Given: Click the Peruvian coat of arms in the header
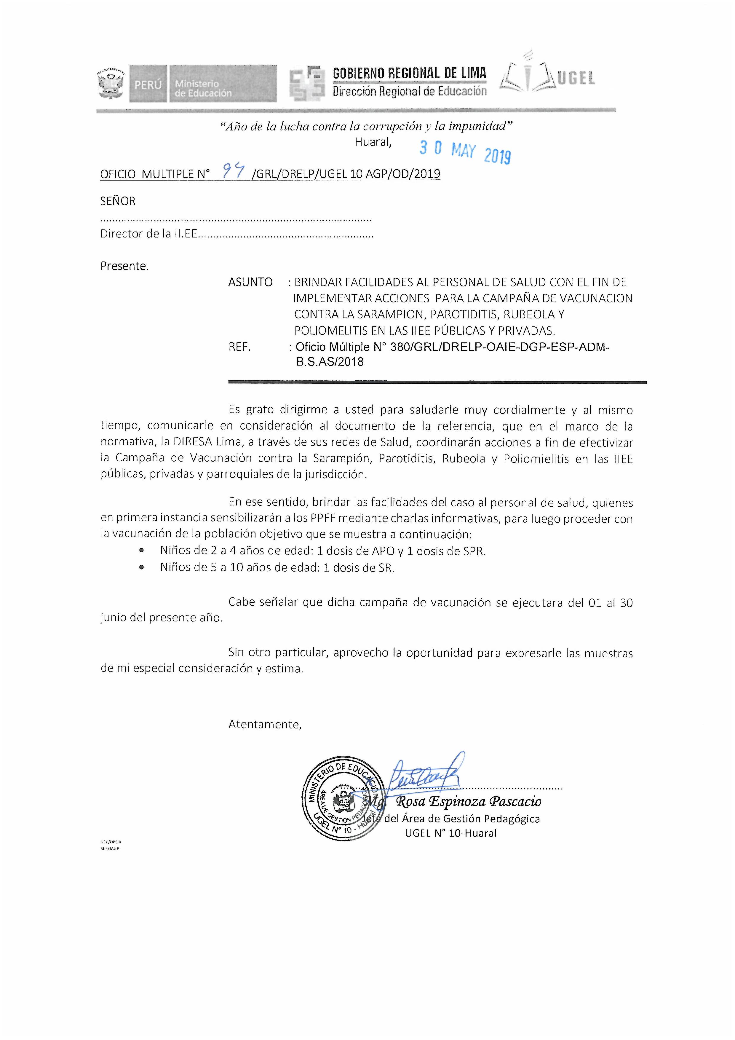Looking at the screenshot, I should click(110, 84).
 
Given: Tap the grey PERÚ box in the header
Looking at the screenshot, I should click(148, 84).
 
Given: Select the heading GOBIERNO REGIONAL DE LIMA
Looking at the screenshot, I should click(409, 74).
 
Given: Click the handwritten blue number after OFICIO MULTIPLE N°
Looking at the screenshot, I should click(234, 172).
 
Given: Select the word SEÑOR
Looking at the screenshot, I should click(118, 201).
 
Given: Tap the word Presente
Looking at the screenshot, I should click(124, 266).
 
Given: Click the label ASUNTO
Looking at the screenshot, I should click(250, 282).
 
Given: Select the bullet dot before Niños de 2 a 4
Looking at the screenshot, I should click(142, 551).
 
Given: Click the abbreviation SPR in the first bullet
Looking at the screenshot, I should click(474, 551).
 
